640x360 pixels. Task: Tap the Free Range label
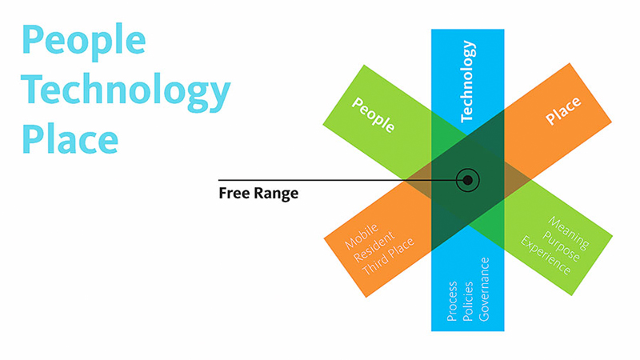coord(258,193)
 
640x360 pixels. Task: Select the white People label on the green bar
coord(374,114)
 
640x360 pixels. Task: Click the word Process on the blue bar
coord(452,301)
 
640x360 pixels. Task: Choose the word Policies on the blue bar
coord(467,301)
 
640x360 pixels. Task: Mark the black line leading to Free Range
coord(336,180)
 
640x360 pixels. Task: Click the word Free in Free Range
coord(233,193)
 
